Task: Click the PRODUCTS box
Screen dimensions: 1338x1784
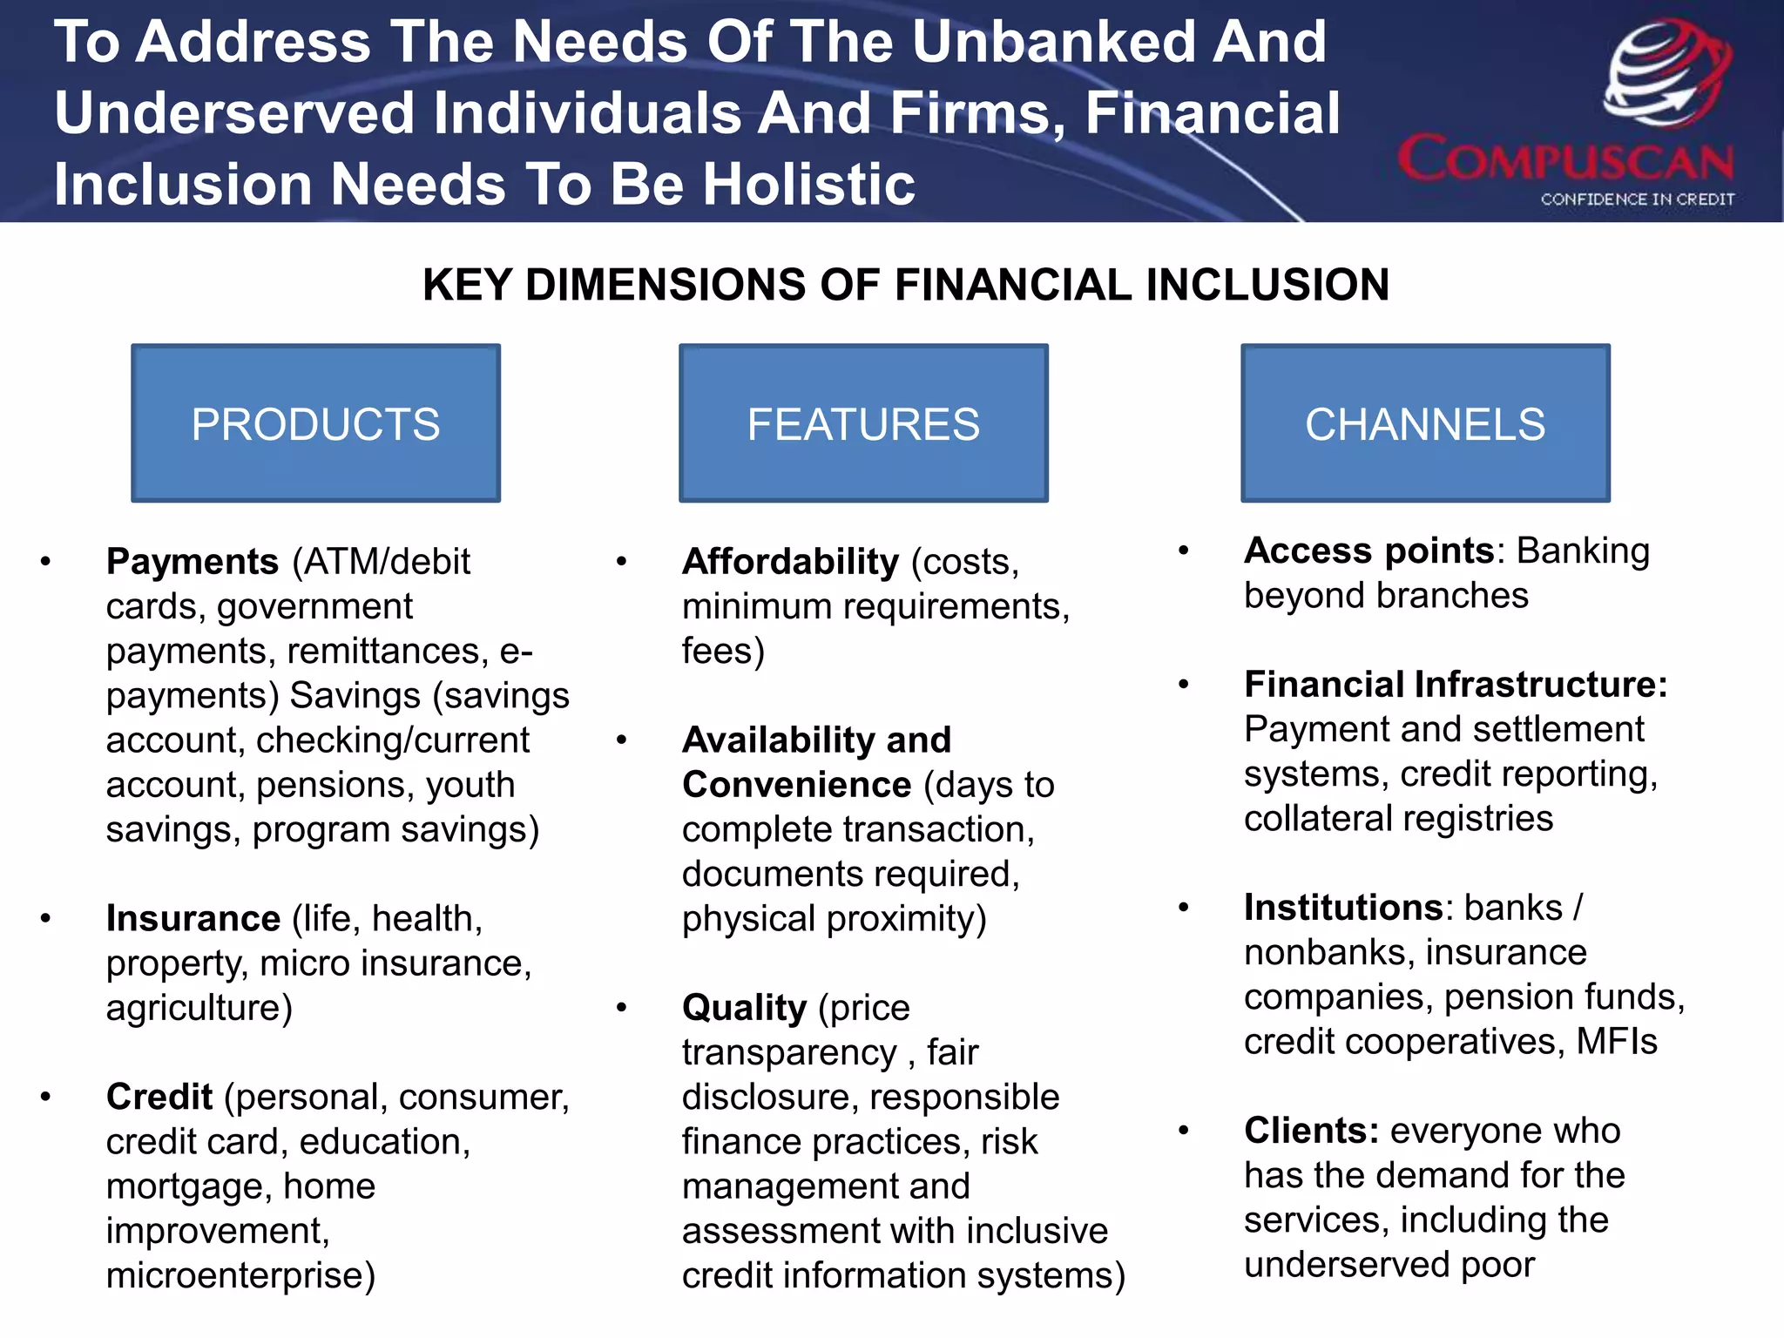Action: (x=315, y=423)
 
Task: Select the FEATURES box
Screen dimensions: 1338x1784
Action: (x=863, y=423)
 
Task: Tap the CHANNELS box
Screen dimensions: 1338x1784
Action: (x=1425, y=423)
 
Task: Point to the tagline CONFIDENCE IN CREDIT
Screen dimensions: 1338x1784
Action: (x=1637, y=199)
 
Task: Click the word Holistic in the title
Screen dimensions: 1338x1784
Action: (x=808, y=185)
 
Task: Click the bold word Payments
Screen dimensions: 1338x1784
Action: (x=192, y=562)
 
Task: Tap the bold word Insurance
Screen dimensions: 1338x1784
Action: (x=193, y=919)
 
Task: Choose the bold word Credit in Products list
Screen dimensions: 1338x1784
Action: (x=159, y=1098)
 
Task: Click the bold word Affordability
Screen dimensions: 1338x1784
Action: (x=790, y=562)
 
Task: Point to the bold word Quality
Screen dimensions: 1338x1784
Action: (x=744, y=1008)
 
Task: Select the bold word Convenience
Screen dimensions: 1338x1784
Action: (x=796, y=785)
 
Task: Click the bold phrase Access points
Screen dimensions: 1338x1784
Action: (x=1368, y=551)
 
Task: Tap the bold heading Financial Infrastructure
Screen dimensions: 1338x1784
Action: (x=1455, y=685)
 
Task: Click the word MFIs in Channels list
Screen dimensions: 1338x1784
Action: (x=1616, y=1042)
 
